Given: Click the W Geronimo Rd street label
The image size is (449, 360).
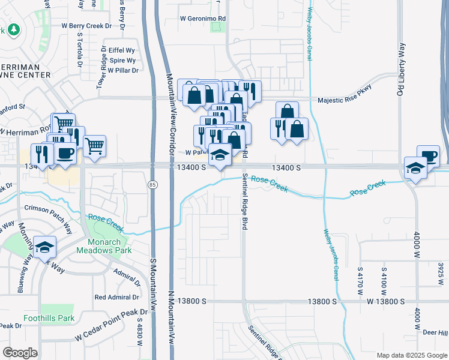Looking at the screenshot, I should pyautogui.click(x=204, y=18).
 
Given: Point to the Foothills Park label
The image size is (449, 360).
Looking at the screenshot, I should pyautogui.click(x=49, y=318).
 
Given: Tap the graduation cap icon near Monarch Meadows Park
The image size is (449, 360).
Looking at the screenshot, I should pyautogui.click(x=44, y=247).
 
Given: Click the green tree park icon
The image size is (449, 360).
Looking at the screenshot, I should pyautogui.click(x=13, y=29).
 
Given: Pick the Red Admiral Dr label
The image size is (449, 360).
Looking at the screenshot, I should pyautogui.click(x=116, y=297).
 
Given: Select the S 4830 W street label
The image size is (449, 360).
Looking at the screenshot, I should pyautogui.click(x=139, y=335).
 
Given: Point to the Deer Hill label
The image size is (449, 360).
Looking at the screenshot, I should pyautogui.click(x=435, y=333).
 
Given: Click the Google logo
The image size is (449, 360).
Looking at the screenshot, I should pyautogui.click(x=20, y=353).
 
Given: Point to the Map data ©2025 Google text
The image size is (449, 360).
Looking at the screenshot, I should pyautogui.click(x=411, y=355).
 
